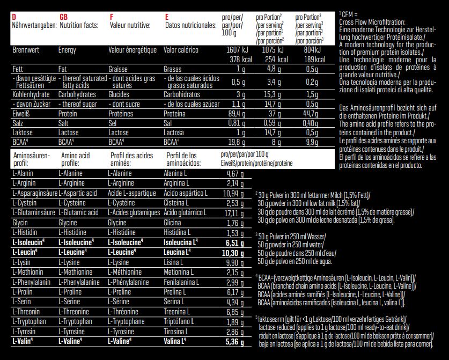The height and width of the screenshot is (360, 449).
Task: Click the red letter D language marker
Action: click(13, 17)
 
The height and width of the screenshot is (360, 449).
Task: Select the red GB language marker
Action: click(63, 17)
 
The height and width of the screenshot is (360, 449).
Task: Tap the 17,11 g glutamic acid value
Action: click(234, 213)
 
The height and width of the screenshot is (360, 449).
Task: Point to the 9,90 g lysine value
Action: click(235, 262)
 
